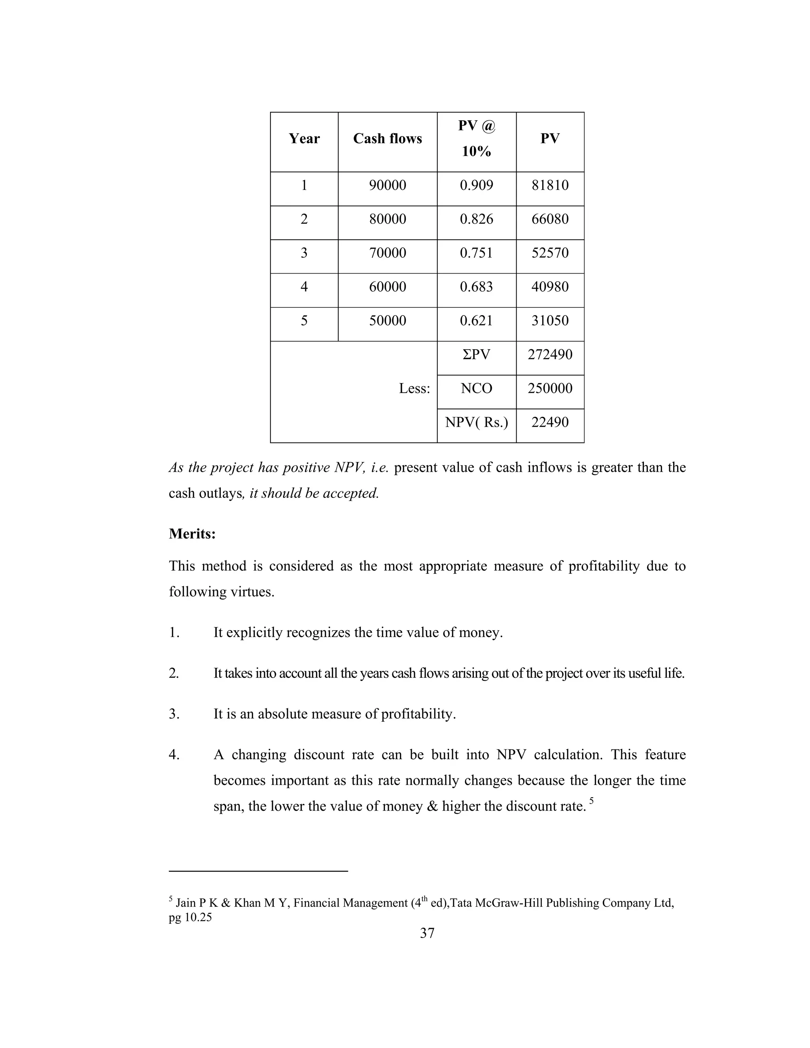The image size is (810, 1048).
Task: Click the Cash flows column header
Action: tap(387, 139)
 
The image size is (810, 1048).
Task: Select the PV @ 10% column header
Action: tap(476, 139)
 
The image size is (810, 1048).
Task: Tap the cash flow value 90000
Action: tap(387, 185)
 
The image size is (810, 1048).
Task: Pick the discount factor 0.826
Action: tap(476, 219)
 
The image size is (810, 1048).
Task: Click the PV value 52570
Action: tap(549, 253)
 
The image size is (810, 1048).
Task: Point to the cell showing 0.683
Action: tap(476, 287)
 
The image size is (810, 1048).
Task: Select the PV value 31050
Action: tap(549, 321)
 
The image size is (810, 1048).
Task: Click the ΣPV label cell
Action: tap(476, 355)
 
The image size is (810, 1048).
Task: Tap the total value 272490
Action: tap(549, 355)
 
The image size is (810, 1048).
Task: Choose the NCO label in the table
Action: tap(476, 388)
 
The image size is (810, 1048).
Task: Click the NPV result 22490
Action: tap(549, 422)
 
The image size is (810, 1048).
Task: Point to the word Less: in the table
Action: tap(414, 389)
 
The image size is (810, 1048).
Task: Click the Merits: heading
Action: tap(192, 533)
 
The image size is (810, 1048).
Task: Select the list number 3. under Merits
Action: tap(174, 714)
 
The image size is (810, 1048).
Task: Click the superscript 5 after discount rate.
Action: tap(592, 800)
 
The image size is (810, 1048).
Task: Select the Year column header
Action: tap(304, 139)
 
